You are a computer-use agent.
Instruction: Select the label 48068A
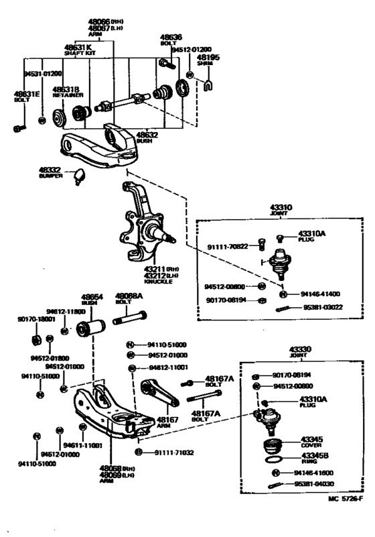[127, 296]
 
